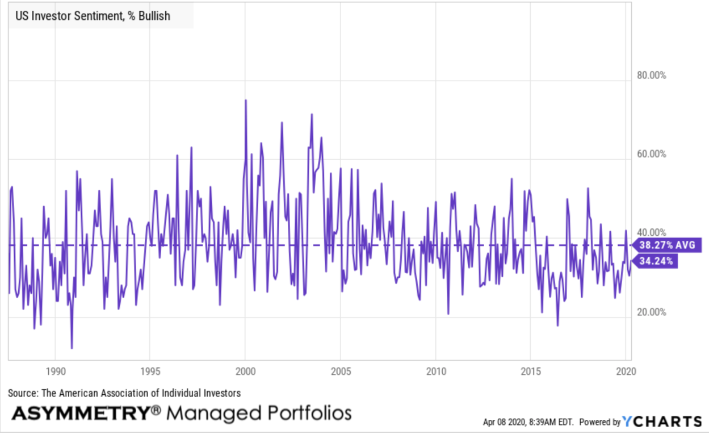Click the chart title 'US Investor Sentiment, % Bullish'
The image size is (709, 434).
[x=93, y=16]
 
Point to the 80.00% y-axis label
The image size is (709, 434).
[x=649, y=76]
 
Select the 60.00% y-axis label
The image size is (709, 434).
[x=649, y=155]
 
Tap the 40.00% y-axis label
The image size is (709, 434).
[x=649, y=233]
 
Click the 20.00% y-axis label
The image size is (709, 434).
[x=649, y=312]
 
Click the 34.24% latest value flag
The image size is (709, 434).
[x=656, y=261]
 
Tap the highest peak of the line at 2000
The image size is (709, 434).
[x=245, y=100]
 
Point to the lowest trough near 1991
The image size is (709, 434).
[x=72, y=348]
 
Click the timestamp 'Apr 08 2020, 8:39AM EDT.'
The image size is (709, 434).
[x=528, y=423]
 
